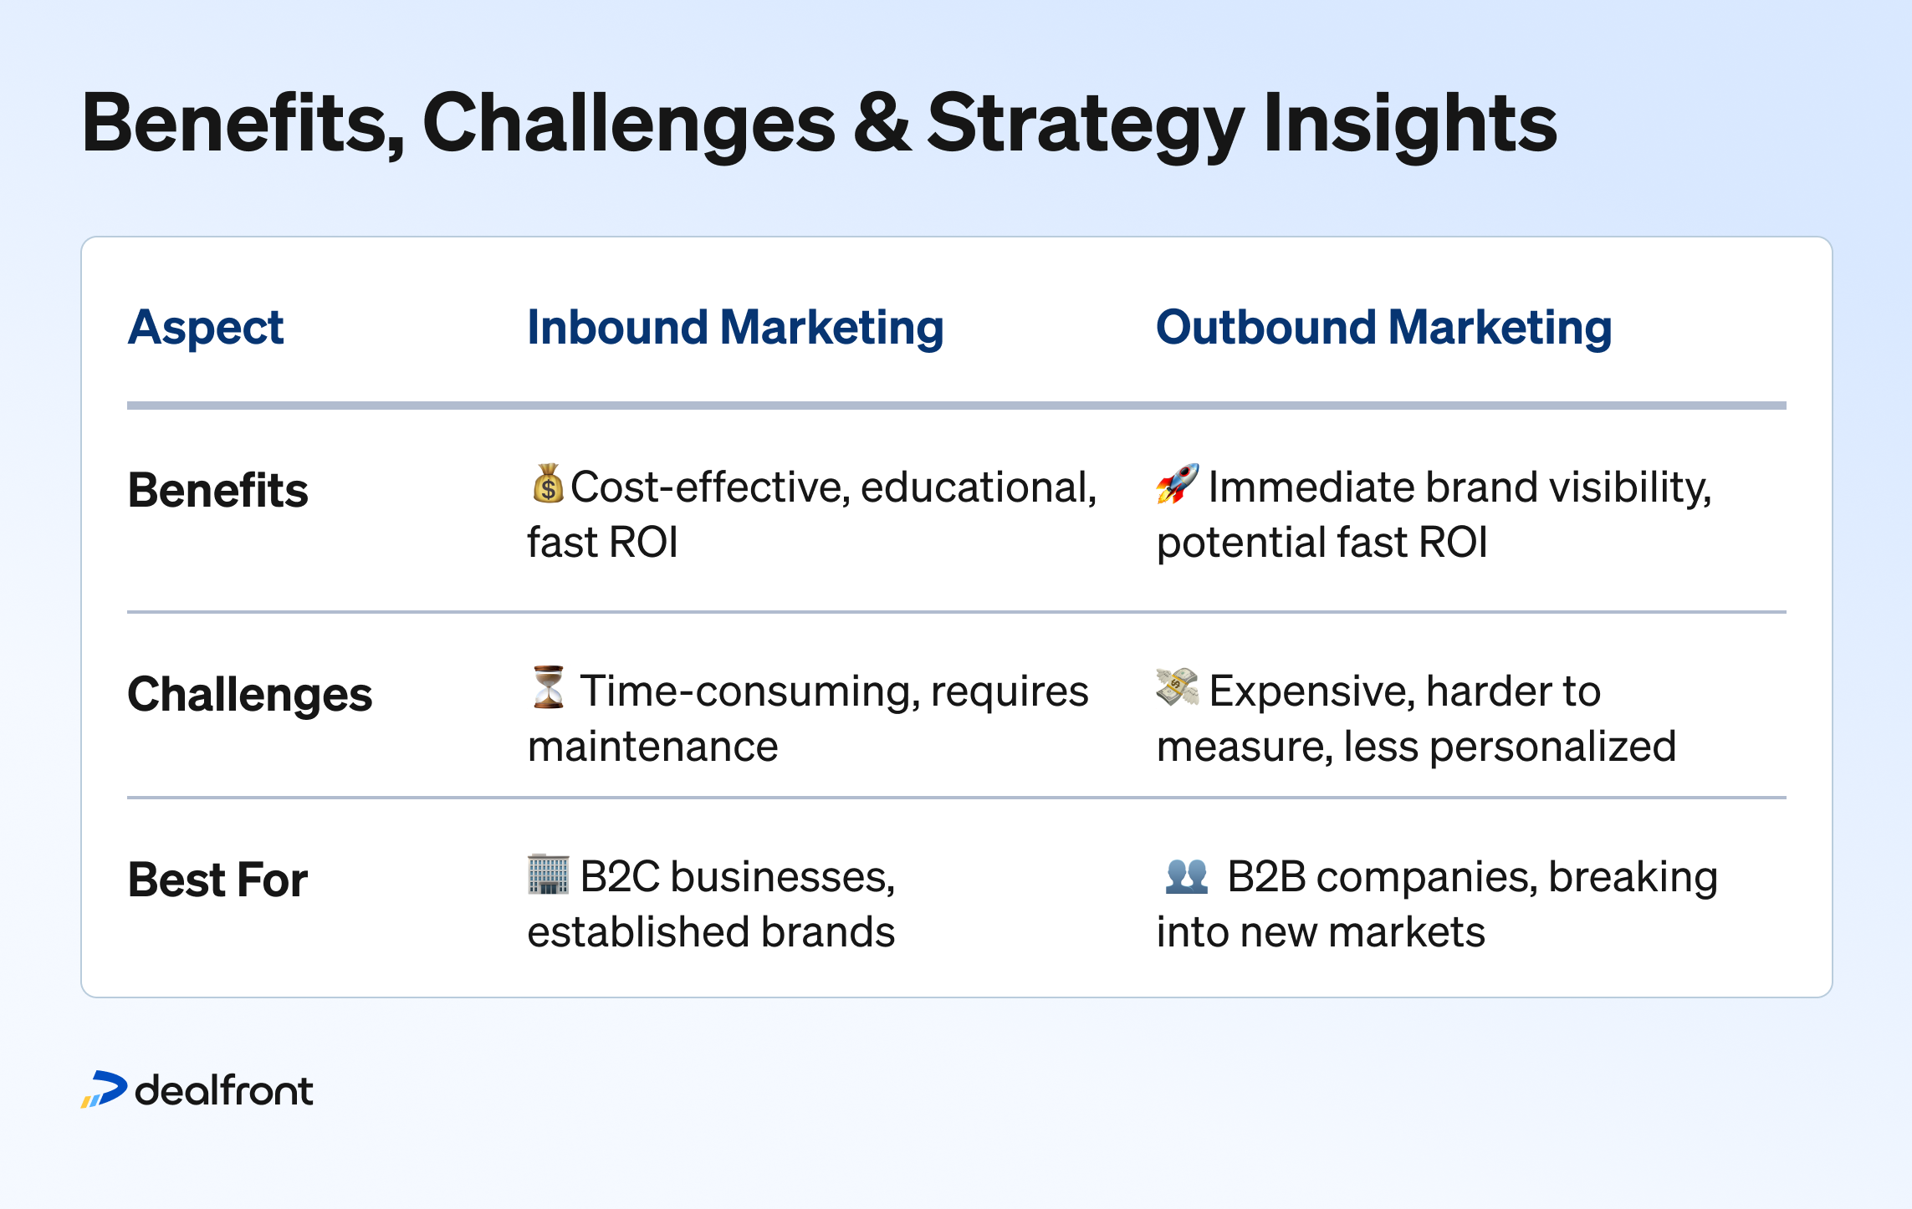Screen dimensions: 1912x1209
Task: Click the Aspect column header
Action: pos(206,328)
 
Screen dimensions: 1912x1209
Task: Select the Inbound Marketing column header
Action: pos(735,328)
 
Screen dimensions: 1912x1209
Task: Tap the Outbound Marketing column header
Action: pos(1383,328)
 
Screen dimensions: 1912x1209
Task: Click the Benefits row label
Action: pos(217,490)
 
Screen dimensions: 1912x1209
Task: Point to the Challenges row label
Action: pos(249,696)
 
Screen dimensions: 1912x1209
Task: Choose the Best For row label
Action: pos(217,880)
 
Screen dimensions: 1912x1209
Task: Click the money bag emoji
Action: pos(548,483)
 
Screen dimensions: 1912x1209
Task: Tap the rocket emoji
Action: pos(1178,483)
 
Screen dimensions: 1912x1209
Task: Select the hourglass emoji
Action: pos(549,687)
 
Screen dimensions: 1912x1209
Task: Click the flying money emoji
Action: pos(1177,687)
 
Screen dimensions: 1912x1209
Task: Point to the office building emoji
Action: pos(549,875)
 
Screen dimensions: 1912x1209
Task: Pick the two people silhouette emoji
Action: pos(1187,876)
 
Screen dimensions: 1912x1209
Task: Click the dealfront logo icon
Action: pos(105,1089)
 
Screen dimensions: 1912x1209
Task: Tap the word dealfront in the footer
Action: pos(224,1091)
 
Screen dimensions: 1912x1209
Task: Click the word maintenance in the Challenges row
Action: pos(653,746)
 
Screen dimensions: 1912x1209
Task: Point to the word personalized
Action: pos(1553,747)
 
